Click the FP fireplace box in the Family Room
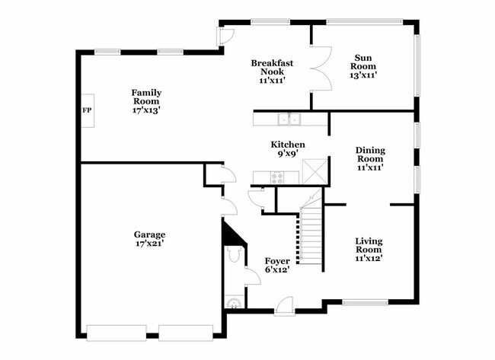tap(86, 110)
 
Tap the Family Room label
tap(147, 97)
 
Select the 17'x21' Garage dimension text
tap(150, 244)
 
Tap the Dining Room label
tap(370, 155)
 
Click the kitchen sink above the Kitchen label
tap(289, 119)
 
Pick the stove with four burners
tap(277, 178)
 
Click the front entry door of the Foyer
tap(285, 304)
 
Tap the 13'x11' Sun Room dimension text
tap(363, 75)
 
